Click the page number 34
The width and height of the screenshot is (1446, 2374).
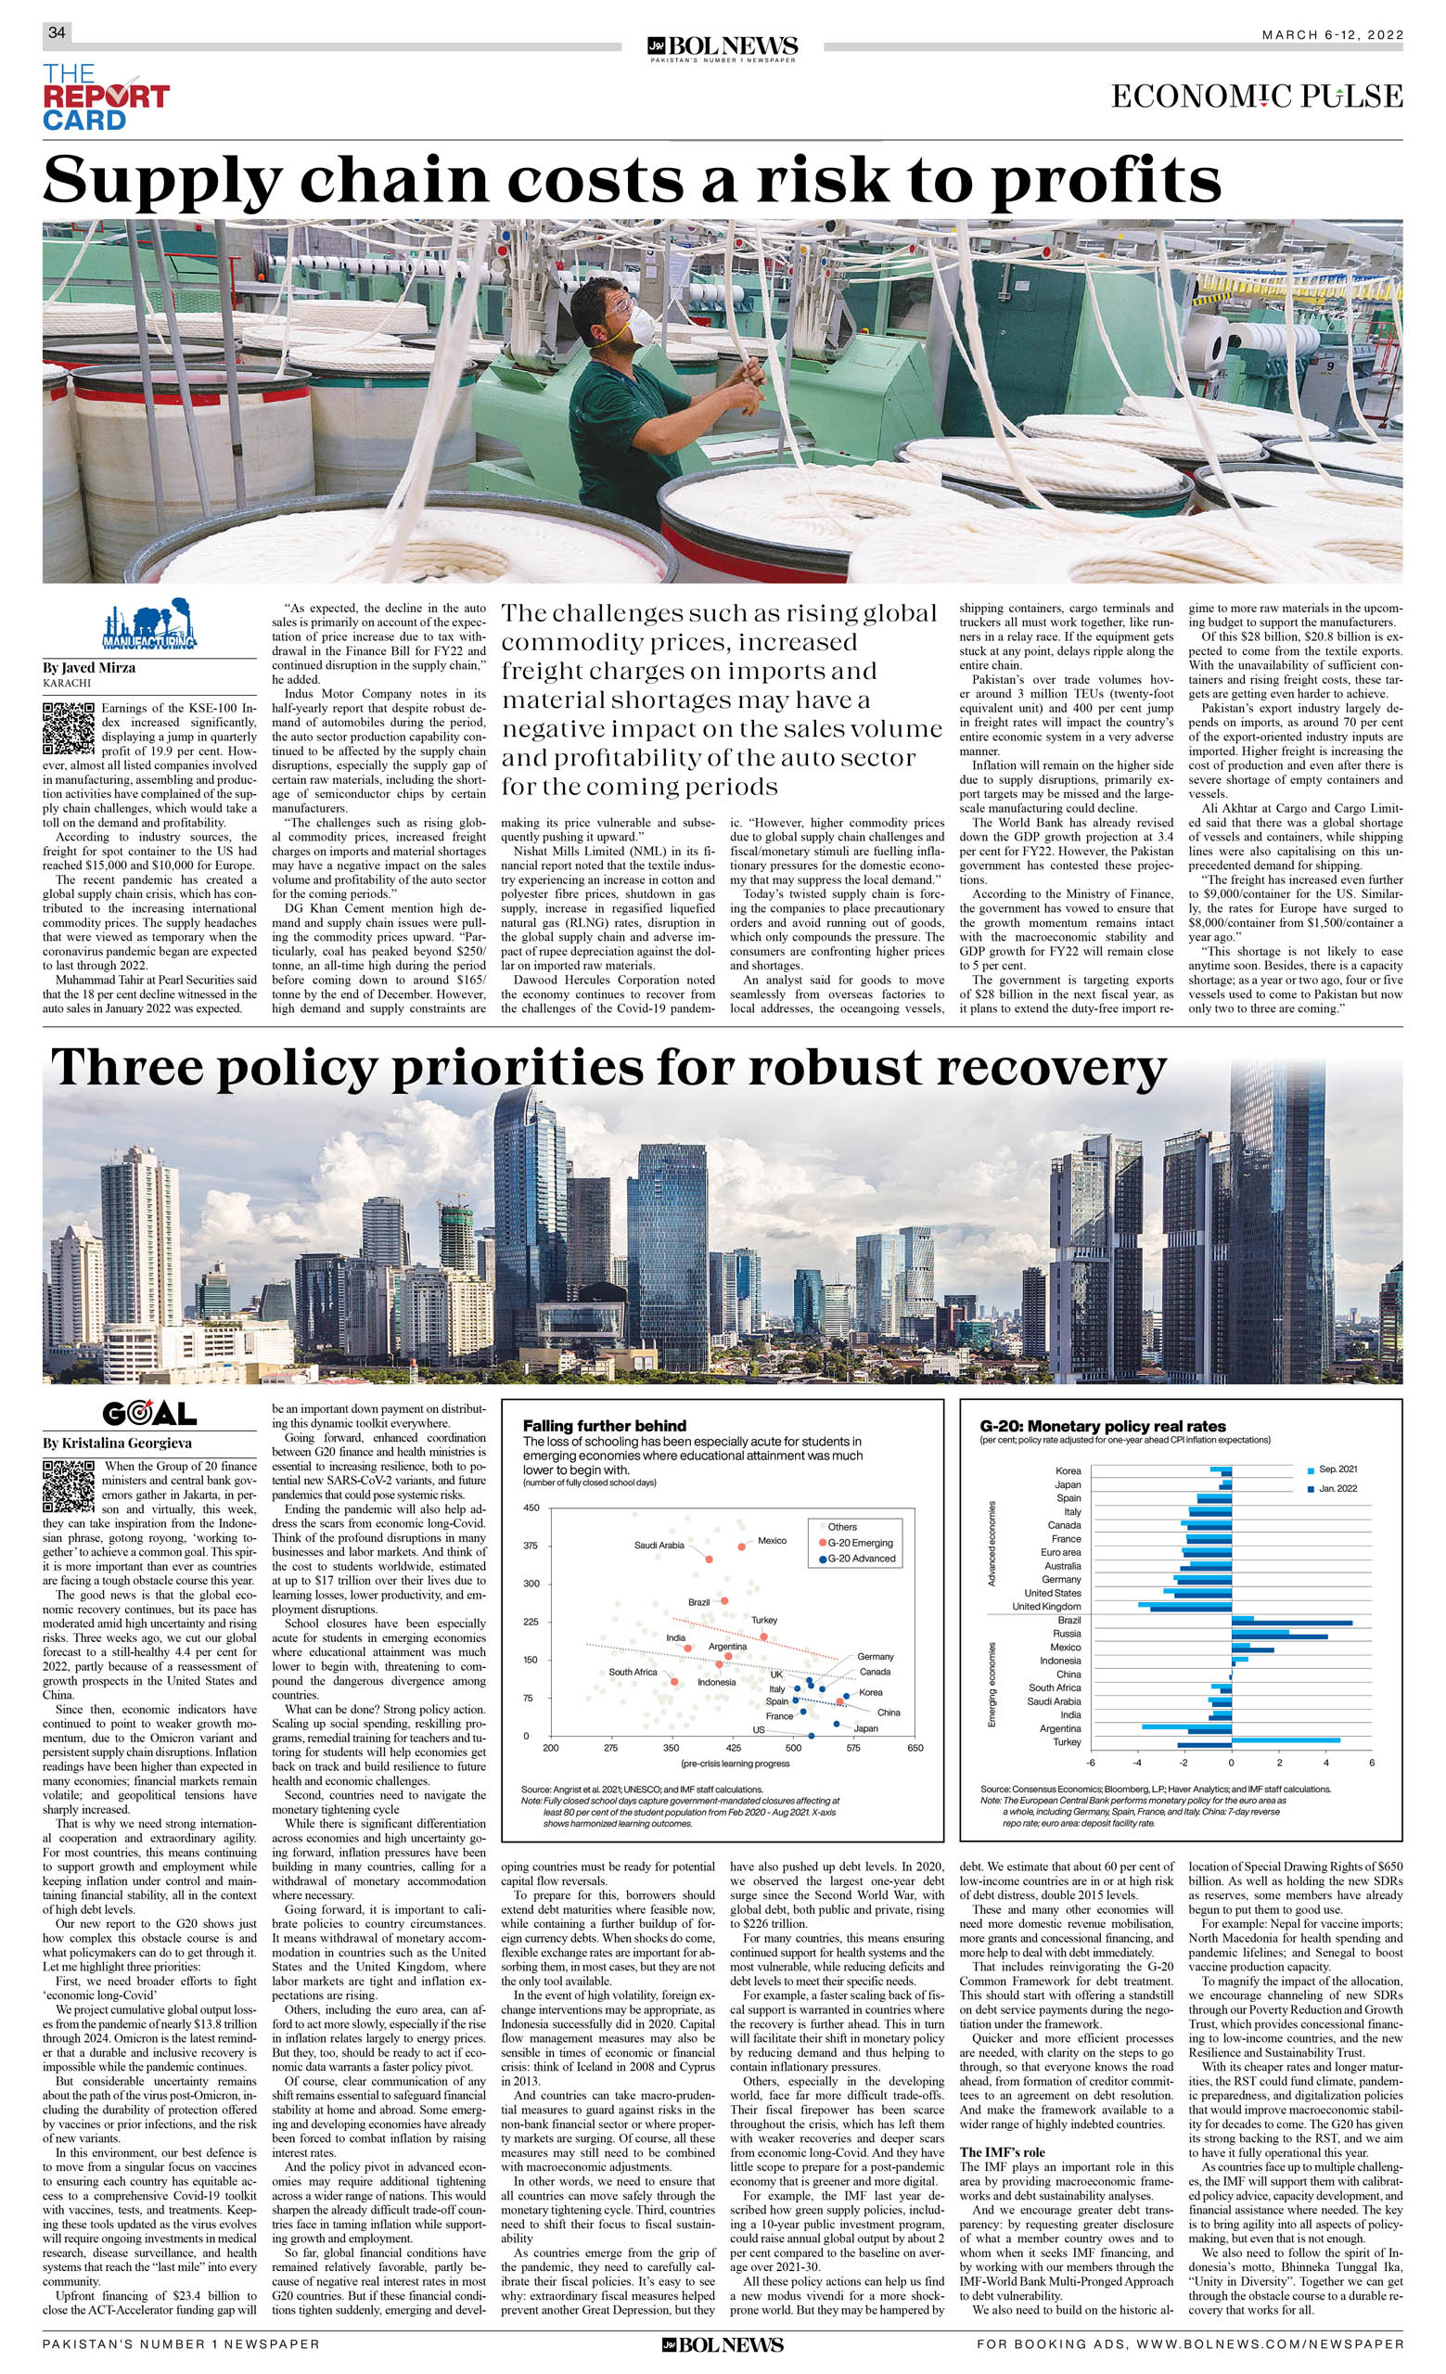[57, 32]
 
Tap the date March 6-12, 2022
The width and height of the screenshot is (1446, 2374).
[1332, 34]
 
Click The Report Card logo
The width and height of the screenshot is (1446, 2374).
[105, 97]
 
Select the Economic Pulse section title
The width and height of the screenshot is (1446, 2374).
[1256, 96]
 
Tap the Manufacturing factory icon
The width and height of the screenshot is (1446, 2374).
[149, 625]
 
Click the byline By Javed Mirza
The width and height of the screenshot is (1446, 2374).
[89, 668]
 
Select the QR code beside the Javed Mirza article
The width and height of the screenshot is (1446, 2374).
[69, 728]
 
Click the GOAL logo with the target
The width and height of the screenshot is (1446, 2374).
[149, 1414]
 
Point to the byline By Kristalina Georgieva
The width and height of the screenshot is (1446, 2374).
[117, 1444]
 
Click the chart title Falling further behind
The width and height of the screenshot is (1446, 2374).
[604, 1426]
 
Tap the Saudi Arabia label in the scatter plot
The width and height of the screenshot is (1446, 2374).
[659, 1546]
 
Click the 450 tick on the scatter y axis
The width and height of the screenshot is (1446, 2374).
[531, 1508]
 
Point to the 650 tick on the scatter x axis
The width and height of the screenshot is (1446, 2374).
[915, 1747]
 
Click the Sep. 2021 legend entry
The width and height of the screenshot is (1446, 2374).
[1337, 1469]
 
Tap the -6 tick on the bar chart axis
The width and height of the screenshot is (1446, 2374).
[1091, 1763]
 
